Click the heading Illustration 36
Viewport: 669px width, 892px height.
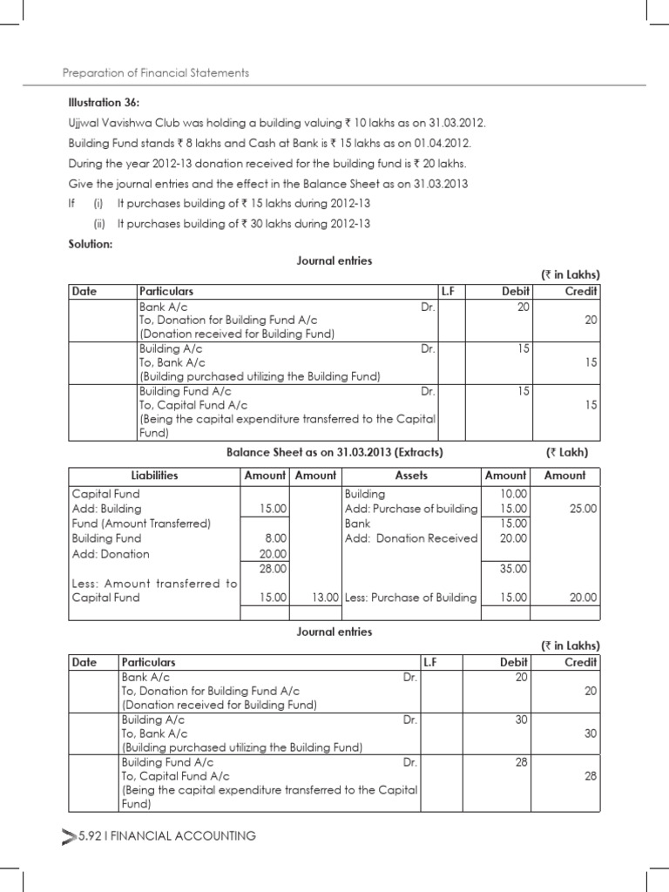pyautogui.click(x=100, y=102)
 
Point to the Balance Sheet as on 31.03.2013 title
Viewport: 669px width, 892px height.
pyautogui.click(x=334, y=452)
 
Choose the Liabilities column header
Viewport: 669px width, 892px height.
pyautogui.click(x=154, y=476)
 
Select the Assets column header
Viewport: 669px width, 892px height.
pyautogui.click(x=411, y=476)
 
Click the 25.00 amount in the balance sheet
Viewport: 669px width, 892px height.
pyautogui.click(x=583, y=508)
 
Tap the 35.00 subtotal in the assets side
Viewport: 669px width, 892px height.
pyautogui.click(x=513, y=568)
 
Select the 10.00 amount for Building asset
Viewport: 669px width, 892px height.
pyautogui.click(x=513, y=493)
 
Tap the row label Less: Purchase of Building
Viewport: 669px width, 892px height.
pyautogui.click(x=411, y=598)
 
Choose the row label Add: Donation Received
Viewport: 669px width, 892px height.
pyautogui.click(x=411, y=538)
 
